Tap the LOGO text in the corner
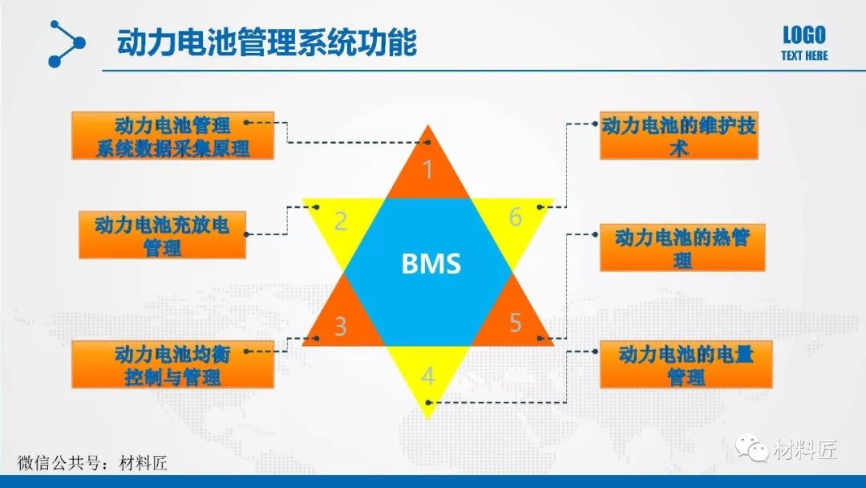pos(803,35)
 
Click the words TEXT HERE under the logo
pos(804,56)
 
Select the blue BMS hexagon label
pos(431,264)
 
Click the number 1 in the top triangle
pos(428,170)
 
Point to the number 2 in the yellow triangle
pos(341,222)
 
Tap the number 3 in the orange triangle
pos(341,327)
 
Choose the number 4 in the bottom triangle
pos(428,376)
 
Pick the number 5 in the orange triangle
pos(516,323)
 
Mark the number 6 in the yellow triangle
pos(516,218)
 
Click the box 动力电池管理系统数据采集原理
pos(172,136)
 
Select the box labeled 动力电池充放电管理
pos(162,234)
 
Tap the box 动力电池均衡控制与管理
pos(172,364)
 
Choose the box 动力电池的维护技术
pos(678,136)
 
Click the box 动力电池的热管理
pos(682,247)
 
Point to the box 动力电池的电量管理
pos(686,364)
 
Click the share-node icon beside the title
pos(66,43)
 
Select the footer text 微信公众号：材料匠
pos(92,462)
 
